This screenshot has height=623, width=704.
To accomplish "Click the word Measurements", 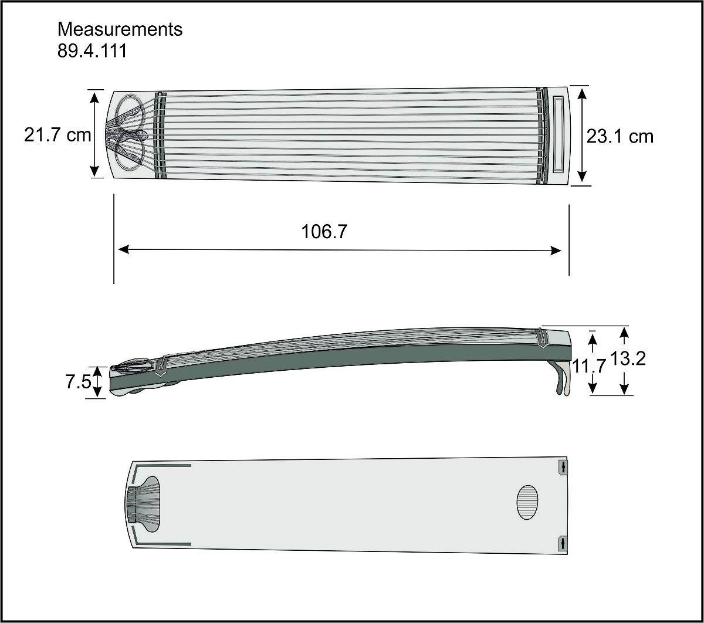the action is pyautogui.click(x=120, y=29).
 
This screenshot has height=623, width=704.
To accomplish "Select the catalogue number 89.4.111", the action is pyautogui.click(x=92, y=50).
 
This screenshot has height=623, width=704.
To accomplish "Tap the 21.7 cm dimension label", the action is pyautogui.click(x=57, y=135).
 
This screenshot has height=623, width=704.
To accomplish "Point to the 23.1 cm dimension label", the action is pyautogui.click(x=620, y=137).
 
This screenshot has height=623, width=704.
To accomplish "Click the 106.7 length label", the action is pyautogui.click(x=324, y=231).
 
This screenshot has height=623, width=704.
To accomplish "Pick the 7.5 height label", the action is pyautogui.click(x=78, y=382).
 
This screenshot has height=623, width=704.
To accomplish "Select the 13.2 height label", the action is pyautogui.click(x=628, y=358).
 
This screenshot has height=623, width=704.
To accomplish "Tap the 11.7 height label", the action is pyautogui.click(x=588, y=366).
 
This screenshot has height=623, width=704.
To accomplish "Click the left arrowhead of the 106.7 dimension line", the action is pyautogui.click(x=124, y=249).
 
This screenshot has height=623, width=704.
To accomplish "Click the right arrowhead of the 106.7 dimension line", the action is pyautogui.click(x=556, y=250).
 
